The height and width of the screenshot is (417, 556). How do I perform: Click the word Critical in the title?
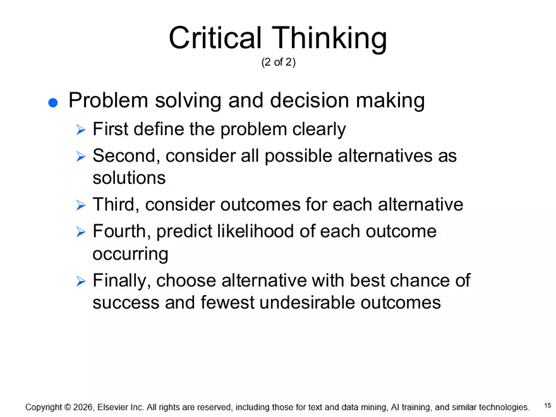[214, 39]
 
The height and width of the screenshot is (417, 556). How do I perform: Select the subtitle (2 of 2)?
[277, 63]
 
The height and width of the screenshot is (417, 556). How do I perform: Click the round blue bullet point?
[53, 103]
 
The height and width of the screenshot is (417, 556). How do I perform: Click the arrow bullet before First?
[80, 130]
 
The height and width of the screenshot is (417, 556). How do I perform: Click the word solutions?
[129, 178]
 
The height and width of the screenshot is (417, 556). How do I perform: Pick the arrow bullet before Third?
[80, 205]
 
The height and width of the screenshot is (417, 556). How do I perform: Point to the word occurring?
[130, 254]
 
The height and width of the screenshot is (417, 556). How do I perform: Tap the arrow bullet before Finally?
[80, 281]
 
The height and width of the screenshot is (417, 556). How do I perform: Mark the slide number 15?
[547, 405]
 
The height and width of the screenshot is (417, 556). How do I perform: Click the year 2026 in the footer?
[84, 408]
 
